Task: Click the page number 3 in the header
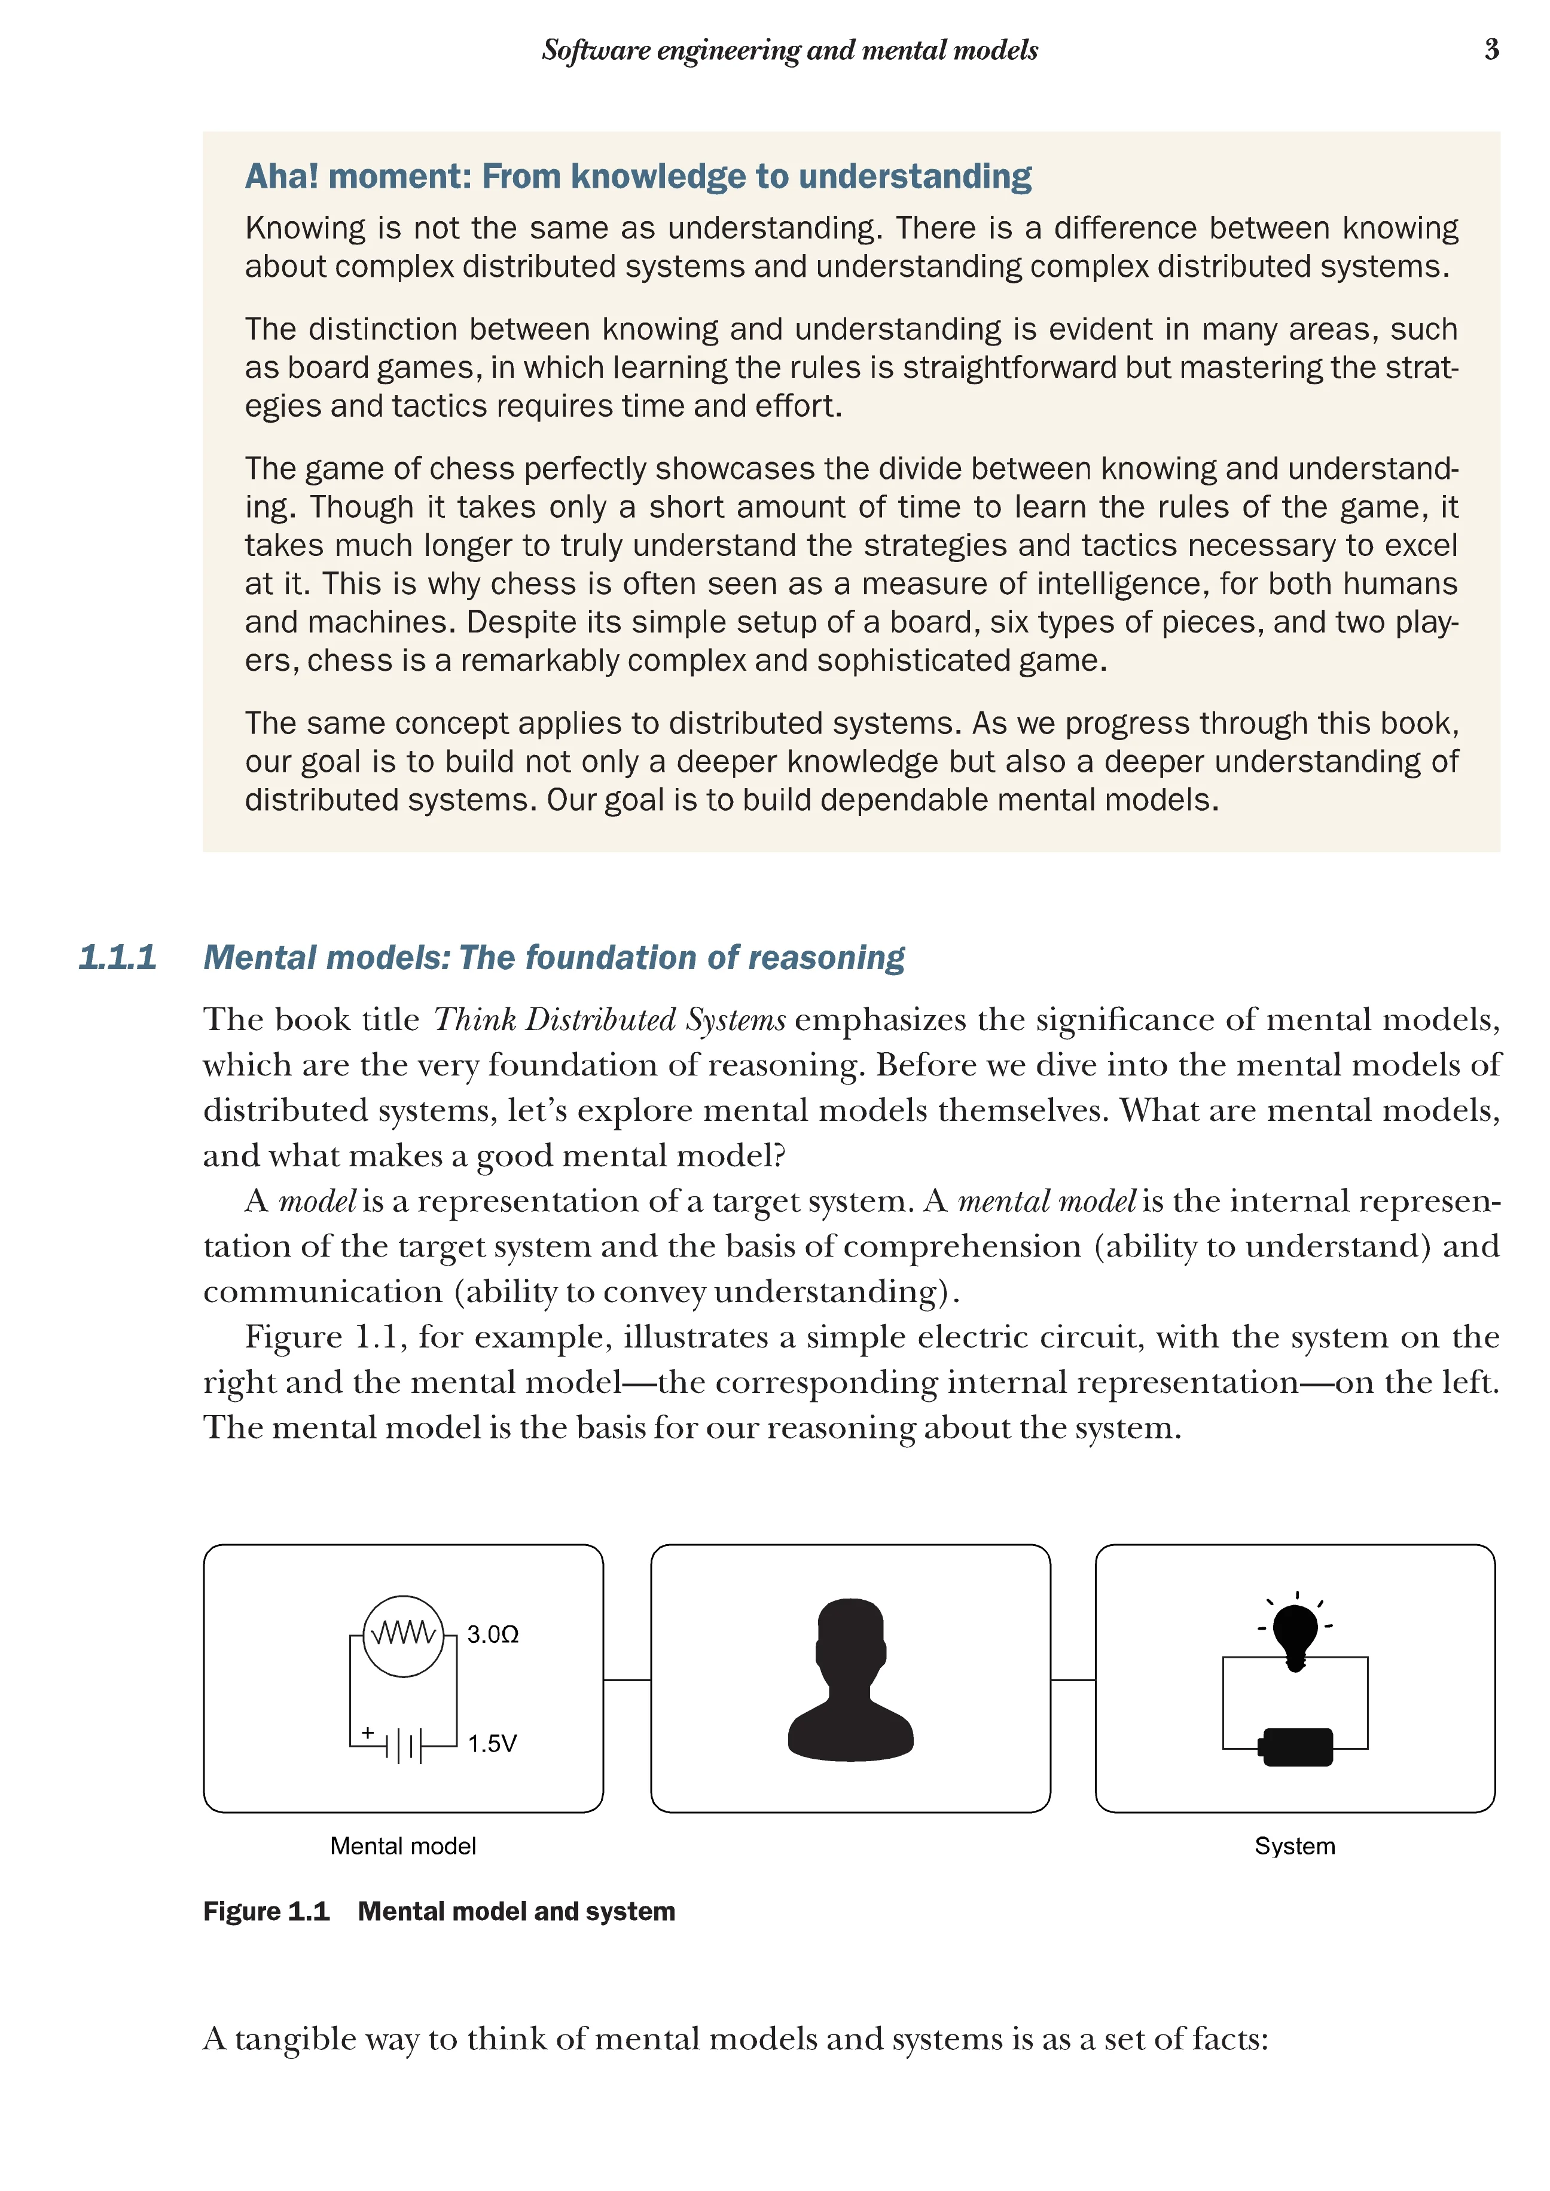click(x=1491, y=50)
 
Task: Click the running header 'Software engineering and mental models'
click(x=789, y=50)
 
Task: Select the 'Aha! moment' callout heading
click(x=637, y=176)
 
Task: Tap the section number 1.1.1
click(x=117, y=957)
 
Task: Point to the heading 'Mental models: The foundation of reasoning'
click(x=554, y=957)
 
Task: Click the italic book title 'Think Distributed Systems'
click(x=609, y=1020)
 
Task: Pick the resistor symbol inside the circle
click(x=403, y=1634)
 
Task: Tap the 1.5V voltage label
click(x=492, y=1744)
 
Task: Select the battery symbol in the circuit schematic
click(x=404, y=1746)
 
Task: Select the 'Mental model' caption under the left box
click(x=403, y=1847)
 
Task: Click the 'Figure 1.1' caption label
click(x=266, y=1911)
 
